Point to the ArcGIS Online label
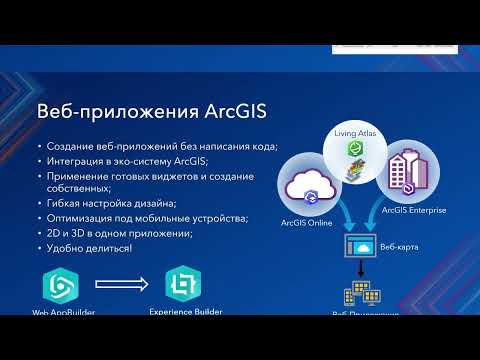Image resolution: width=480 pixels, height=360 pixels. [306, 223]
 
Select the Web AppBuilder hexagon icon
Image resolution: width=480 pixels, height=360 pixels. [60, 286]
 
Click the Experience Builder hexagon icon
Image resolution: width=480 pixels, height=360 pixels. [182, 286]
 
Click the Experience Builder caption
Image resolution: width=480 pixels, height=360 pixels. [185, 313]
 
